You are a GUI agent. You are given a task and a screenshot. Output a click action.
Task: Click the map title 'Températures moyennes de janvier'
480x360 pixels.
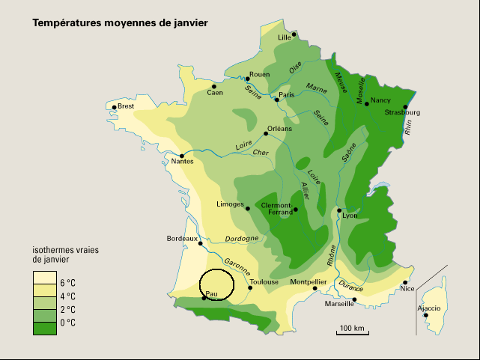pyautogui.click(x=120, y=23)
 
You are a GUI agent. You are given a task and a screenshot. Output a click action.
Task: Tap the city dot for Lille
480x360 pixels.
pyautogui.click(x=294, y=34)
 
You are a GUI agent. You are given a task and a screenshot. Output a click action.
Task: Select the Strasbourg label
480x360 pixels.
pyautogui.click(x=402, y=113)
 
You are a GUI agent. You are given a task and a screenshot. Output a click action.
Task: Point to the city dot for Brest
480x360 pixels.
pyautogui.click(x=115, y=107)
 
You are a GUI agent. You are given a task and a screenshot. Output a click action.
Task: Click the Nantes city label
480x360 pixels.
pyautogui.click(x=183, y=162)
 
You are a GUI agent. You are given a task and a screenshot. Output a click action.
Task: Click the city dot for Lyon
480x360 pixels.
pyautogui.click(x=339, y=210)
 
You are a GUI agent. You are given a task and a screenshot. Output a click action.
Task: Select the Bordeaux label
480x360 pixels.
pyautogui.click(x=181, y=239)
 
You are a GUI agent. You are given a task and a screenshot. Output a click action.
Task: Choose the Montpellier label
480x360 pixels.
pyautogui.click(x=309, y=282)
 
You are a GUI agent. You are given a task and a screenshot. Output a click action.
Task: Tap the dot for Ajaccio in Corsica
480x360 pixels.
pyautogui.click(x=425, y=315)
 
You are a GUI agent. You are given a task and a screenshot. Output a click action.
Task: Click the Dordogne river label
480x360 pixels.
pyautogui.click(x=242, y=239)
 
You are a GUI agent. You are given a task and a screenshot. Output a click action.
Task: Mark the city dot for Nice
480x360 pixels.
pyautogui.click(x=405, y=283)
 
